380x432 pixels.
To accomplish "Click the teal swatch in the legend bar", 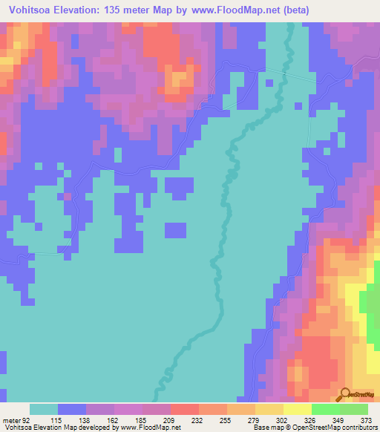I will point(44,410).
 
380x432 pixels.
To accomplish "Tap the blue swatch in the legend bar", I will point(72,410).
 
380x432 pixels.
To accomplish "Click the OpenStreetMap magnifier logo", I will point(345,394).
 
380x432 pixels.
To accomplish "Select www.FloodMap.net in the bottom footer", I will point(151,428).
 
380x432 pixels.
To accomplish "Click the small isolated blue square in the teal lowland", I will point(175,230).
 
